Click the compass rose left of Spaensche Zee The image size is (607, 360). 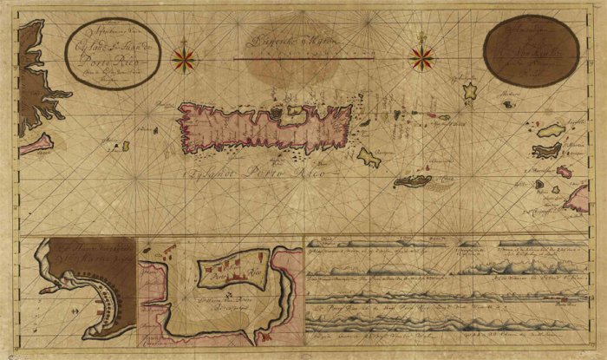click(x=184, y=59)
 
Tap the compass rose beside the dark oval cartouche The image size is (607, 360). click(x=423, y=59)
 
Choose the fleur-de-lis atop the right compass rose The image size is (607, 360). click(x=423, y=36)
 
